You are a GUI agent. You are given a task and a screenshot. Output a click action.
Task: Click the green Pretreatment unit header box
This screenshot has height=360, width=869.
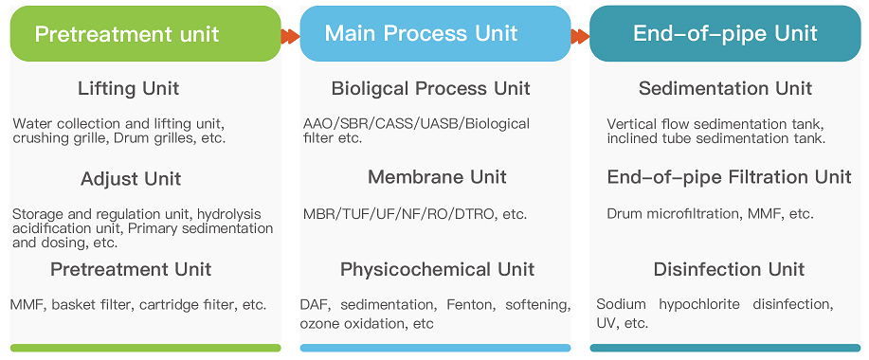[x=145, y=34]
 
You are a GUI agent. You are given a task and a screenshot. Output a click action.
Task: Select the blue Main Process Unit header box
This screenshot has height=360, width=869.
[x=435, y=34]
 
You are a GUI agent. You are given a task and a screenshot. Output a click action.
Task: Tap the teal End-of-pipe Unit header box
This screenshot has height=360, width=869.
[x=725, y=34]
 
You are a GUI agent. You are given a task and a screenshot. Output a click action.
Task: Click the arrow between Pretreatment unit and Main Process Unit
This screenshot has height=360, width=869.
[x=290, y=36]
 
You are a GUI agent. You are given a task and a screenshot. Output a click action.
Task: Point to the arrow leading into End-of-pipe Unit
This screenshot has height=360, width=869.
[x=580, y=36]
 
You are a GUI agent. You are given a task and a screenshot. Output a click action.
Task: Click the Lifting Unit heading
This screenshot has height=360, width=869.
[x=128, y=89]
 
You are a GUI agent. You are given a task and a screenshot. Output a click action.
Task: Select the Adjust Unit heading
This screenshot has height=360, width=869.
[x=131, y=179]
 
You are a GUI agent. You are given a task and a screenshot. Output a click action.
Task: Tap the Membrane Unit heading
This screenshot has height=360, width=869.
[x=437, y=177]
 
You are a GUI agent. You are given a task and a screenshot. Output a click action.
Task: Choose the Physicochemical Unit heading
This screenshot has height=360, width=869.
[x=437, y=269]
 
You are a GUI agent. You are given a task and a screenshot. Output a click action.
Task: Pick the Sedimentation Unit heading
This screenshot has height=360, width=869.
[x=725, y=89]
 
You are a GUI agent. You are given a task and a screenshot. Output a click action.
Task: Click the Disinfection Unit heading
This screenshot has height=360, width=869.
[x=729, y=270]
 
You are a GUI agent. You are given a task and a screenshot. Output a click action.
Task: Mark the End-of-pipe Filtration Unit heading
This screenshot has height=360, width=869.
[x=729, y=177]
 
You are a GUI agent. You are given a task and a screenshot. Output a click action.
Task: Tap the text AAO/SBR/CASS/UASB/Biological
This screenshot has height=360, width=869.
[x=416, y=124]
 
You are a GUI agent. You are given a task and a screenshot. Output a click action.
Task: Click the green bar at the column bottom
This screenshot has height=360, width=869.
[x=145, y=348]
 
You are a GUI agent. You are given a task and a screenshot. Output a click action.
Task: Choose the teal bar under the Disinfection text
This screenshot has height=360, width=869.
[x=725, y=348]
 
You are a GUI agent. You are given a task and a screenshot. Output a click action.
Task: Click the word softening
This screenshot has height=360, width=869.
[x=537, y=305]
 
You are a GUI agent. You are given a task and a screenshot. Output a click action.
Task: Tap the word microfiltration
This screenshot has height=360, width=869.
[x=694, y=214]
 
